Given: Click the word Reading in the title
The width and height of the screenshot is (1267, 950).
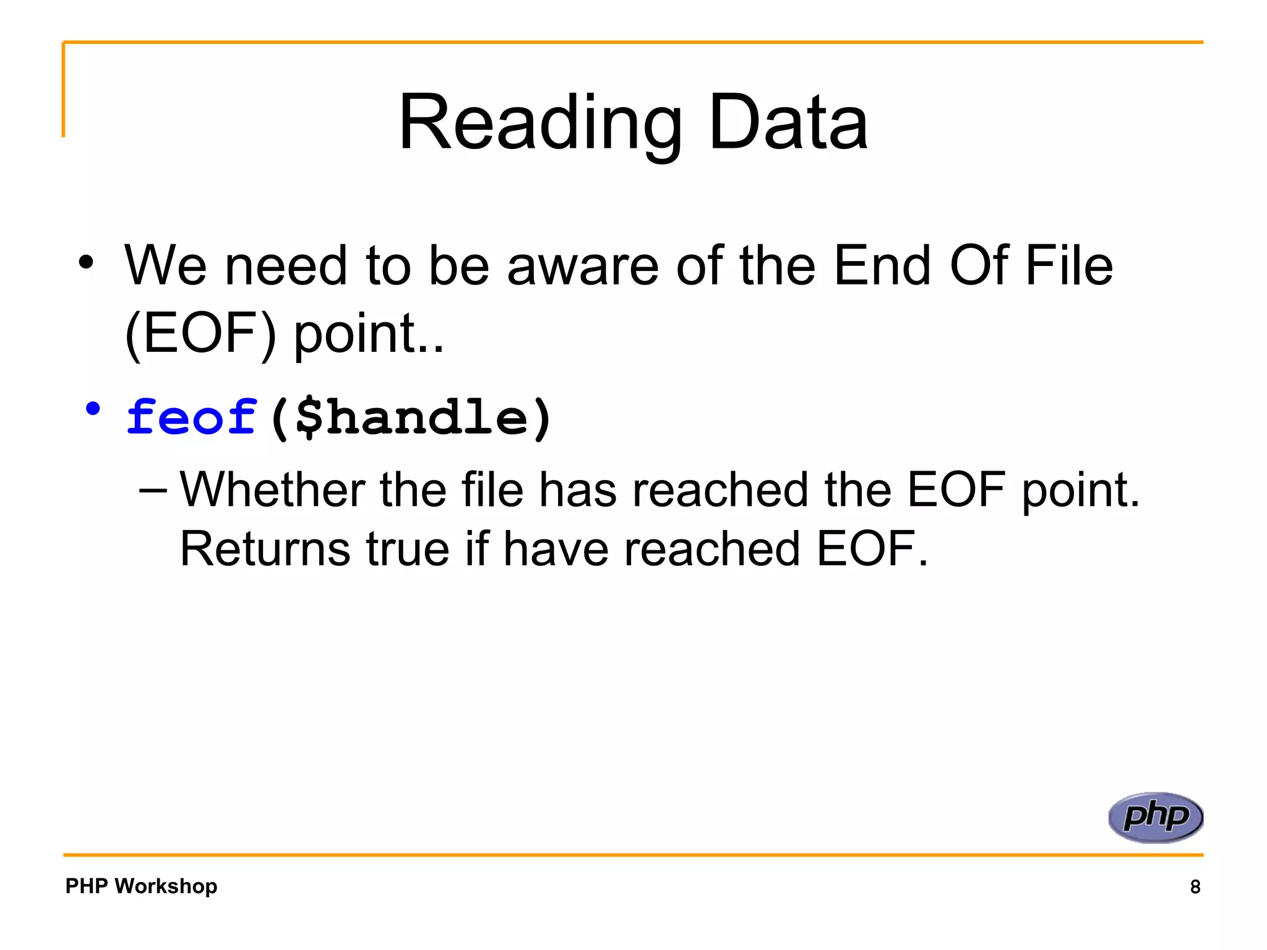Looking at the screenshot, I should tap(539, 124).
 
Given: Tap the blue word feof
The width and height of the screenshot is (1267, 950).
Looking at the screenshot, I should tap(191, 417).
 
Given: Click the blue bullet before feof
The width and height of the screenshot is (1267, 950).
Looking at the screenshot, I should tap(93, 409).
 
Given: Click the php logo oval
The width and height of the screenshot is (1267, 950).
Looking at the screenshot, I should tap(1155, 817).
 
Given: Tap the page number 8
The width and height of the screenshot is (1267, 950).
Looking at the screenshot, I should tap(1195, 887).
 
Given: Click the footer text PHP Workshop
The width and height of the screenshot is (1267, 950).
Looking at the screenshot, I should tap(141, 886).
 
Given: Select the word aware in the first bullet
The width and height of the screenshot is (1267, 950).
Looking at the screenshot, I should tap(583, 266).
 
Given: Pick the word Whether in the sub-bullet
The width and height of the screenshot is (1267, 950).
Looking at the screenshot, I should tap(272, 490).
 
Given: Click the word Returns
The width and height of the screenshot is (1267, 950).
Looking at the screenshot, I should tap(265, 549).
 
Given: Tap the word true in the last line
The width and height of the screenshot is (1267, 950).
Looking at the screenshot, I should tap(408, 549).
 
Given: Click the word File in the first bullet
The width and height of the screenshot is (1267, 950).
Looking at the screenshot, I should tap(1069, 266).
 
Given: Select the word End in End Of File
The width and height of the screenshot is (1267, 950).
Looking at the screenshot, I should tap(882, 266).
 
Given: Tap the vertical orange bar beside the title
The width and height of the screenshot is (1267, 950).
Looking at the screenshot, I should tap(63, 90).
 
